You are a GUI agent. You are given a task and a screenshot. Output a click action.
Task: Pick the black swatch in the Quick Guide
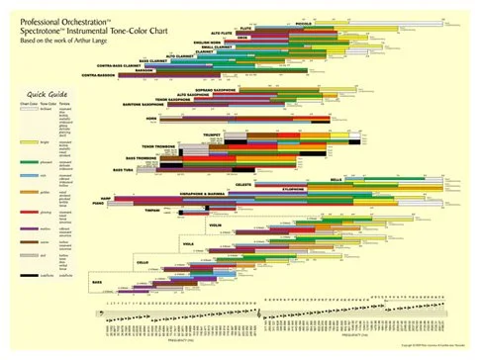[x=14, y=282]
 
